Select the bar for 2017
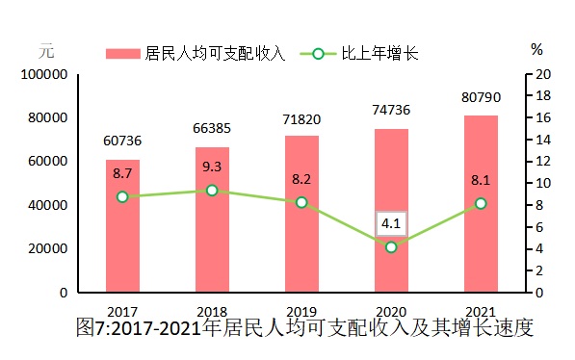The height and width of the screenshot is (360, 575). click(122, 225)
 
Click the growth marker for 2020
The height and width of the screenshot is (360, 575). click(391, 247)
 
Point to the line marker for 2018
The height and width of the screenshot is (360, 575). click(212, 191)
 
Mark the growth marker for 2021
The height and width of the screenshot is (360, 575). click(481, 203)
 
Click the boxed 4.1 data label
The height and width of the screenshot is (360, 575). click(391, 224)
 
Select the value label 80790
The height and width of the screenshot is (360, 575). click(481, 97)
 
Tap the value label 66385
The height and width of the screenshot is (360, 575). click(212, 128)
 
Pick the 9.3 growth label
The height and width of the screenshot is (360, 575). click(212, 167)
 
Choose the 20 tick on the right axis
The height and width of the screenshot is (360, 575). click(542, 74)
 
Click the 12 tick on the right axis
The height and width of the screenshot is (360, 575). click(542, 161)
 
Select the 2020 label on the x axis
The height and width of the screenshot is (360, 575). click(391, 311)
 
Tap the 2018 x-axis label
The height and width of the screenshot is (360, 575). click(212, 311)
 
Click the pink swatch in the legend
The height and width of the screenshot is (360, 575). click(123, 54)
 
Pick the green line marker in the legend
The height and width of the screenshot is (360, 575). click(317, 54)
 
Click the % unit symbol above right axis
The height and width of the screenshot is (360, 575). click(536, 49)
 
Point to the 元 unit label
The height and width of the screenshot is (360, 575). click(46, 49)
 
